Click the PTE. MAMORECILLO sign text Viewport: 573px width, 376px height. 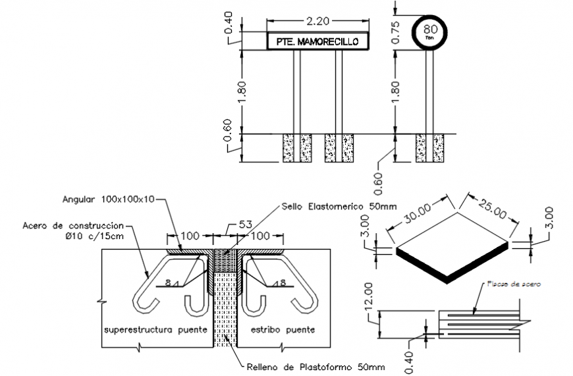click(x=317, y=41)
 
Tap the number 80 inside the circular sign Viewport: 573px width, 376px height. click(x=430, y=29)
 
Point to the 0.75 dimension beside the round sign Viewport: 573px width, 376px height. click(x=396, y=31)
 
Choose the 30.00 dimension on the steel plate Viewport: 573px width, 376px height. click(x=418, y=217)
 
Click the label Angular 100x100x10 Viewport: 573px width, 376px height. click(x=109, y=198)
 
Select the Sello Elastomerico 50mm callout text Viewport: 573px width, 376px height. click(x=341, y=205)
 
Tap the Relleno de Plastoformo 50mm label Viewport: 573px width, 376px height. click(x=315, y=367)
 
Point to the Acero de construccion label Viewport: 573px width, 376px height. click(x=73, y=226)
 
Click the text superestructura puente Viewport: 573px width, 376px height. click(x=154, y=329)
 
